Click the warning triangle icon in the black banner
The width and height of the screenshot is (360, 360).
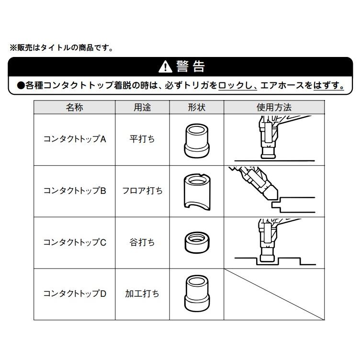165,67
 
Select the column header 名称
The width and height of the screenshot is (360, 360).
74,107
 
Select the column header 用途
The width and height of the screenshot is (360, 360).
142,107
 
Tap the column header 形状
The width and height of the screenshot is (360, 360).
196,107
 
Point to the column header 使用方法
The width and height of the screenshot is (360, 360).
274,107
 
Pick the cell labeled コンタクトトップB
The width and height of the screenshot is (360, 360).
74,191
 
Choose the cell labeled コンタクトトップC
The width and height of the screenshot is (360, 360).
74,242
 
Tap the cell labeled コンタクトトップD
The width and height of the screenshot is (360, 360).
74,293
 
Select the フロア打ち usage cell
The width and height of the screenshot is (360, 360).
142,191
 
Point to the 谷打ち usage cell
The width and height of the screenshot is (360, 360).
142,242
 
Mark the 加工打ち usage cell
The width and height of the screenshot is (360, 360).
142,293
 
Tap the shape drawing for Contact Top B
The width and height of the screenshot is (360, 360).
196,191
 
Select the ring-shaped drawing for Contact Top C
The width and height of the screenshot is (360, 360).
196,242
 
